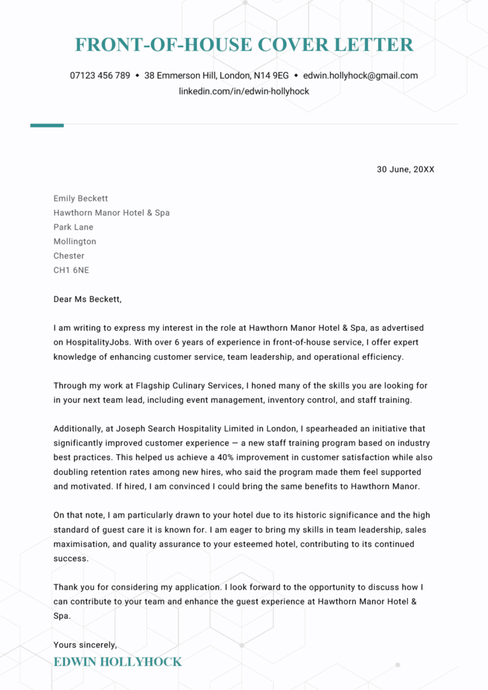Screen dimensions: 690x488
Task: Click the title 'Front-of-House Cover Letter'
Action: point(244,45)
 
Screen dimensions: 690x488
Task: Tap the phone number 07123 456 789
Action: point(100,75)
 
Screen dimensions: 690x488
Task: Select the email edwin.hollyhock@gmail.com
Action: point(360,75)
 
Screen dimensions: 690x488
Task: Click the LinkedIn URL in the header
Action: point(244,91)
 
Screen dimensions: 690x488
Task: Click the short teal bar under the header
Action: point(47,125)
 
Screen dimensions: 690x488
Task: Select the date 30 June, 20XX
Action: point(405,169)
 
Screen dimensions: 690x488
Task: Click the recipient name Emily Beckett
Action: point(80,198)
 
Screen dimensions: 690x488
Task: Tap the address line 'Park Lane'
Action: point(73,227)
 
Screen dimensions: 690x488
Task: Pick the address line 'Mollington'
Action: point(75,241)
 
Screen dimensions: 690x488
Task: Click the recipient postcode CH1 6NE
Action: point(71,270)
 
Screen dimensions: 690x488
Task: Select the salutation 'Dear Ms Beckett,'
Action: point(88,299)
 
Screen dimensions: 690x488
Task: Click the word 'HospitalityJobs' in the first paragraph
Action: point(99,342)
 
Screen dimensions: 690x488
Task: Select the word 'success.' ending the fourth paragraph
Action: point(71,559)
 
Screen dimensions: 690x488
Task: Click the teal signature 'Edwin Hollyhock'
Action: point(117,662)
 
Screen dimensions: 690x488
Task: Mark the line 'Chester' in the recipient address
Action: point(69,256)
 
